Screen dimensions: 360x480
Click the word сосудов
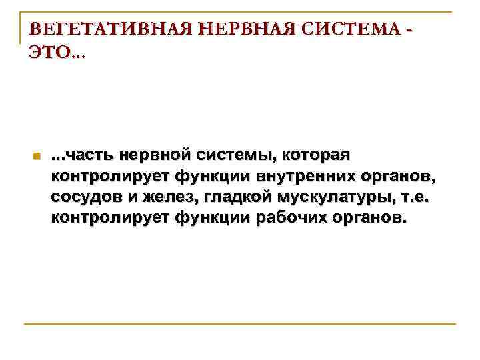coord(83,198)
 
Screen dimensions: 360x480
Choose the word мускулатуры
coord(335,198)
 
